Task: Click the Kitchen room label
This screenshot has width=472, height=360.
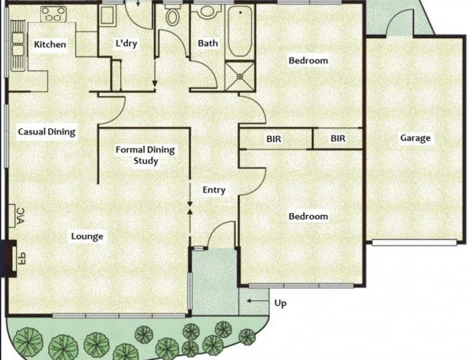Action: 50,44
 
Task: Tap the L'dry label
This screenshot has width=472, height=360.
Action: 126,44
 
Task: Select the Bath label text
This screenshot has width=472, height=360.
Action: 208,43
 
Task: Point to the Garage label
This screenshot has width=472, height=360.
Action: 415,138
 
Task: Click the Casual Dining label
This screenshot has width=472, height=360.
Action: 47,132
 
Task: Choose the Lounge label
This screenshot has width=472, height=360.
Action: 87,236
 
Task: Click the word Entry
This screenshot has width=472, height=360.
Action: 214,190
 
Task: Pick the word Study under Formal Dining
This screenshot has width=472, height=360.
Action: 145,161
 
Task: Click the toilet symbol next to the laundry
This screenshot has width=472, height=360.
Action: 172,16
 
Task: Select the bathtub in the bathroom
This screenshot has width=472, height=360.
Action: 240,31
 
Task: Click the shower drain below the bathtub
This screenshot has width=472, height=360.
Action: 240,76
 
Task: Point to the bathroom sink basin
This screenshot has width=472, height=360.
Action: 207,11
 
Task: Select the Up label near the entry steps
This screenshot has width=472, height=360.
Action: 280,304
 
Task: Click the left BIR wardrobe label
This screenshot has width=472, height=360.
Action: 274,139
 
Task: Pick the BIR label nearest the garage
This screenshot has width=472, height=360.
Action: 338,139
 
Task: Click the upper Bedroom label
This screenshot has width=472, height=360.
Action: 308,61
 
